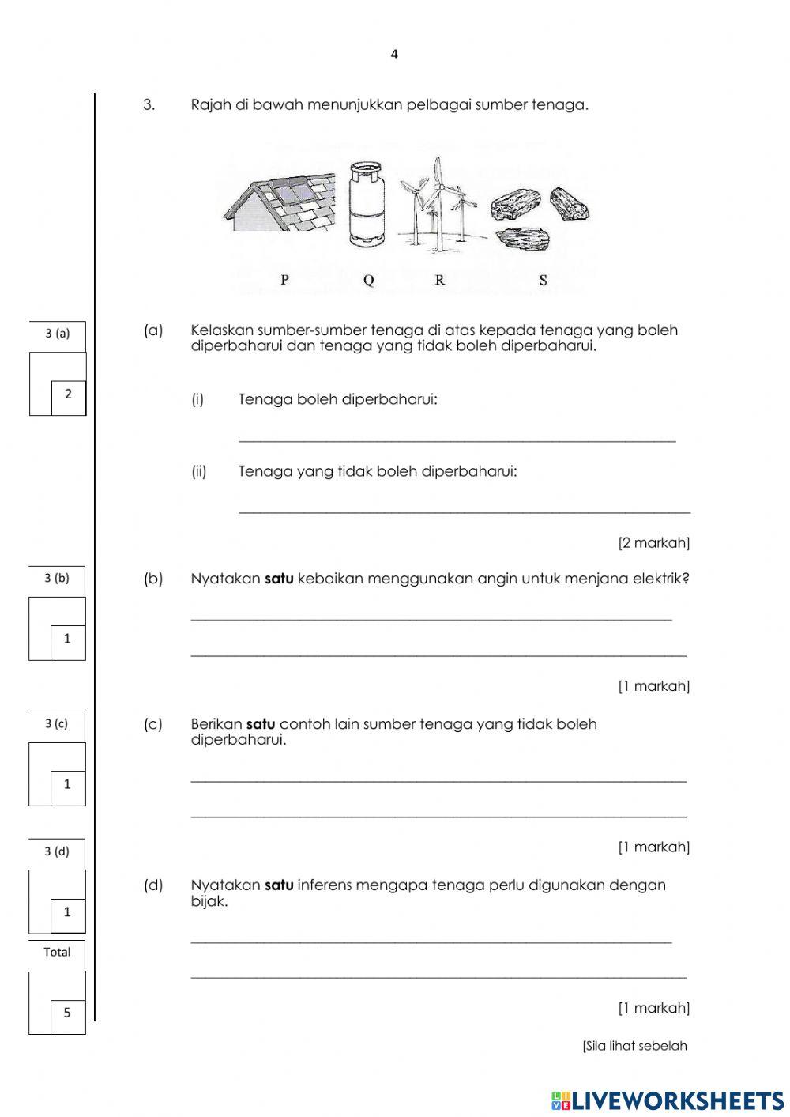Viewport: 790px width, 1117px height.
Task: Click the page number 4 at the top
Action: [x=394, y=55]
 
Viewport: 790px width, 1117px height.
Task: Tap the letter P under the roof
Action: [x=284, y=280]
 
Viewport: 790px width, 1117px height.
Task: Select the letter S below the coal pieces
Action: [x=543, y=280]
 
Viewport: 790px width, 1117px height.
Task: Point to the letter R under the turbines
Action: [x=440, y=280]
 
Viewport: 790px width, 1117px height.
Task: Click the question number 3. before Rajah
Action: [x=149, y=105]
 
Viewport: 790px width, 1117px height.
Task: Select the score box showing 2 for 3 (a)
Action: [x=68, y=394]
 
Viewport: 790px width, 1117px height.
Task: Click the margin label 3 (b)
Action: [x=57, y=578]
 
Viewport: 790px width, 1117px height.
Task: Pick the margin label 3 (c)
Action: [x=57, y=723]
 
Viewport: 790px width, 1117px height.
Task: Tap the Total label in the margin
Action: [x=57, y=952]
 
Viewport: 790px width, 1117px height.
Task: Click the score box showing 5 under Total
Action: [x=67, y=1013]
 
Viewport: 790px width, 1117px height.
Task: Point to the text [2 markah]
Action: [x=653, y=543]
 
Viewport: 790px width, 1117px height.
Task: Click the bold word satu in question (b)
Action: [x=279, y=579]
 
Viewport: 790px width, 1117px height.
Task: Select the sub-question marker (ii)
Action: [x=199, y=472]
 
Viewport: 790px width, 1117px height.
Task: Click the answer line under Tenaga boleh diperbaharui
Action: [x=457, y=440]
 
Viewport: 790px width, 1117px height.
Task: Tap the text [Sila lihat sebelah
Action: [x=634, y=1046]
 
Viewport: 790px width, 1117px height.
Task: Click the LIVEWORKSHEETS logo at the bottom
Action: [x=668, y=1100]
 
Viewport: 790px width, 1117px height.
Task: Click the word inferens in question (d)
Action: [x=325, y=885]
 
